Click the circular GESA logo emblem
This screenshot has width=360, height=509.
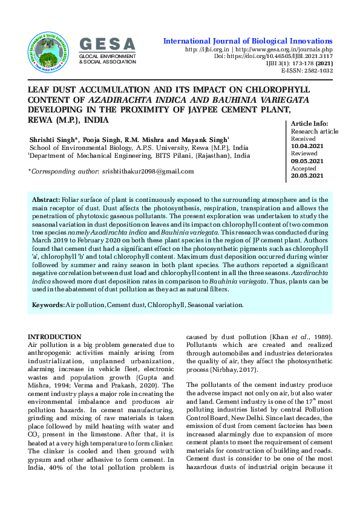(x=50, y=49)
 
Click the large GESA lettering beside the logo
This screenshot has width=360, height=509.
(x=108, y=44)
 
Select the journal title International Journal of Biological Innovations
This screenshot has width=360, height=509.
(x=248, y=41)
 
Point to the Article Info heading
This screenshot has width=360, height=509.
(x=310, y=124)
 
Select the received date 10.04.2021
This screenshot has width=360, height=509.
(x=307, y=146)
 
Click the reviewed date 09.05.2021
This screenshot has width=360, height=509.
(x=307, y=161)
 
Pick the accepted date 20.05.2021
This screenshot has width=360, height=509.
(x=307, y=176)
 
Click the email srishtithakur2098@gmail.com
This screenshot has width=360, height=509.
(x=148, y=172)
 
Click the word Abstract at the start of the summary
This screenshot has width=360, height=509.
(x=45, y=199)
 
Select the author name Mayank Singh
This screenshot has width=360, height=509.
(x=206, y=140)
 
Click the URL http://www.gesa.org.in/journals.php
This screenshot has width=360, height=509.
(x=284, y=49)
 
